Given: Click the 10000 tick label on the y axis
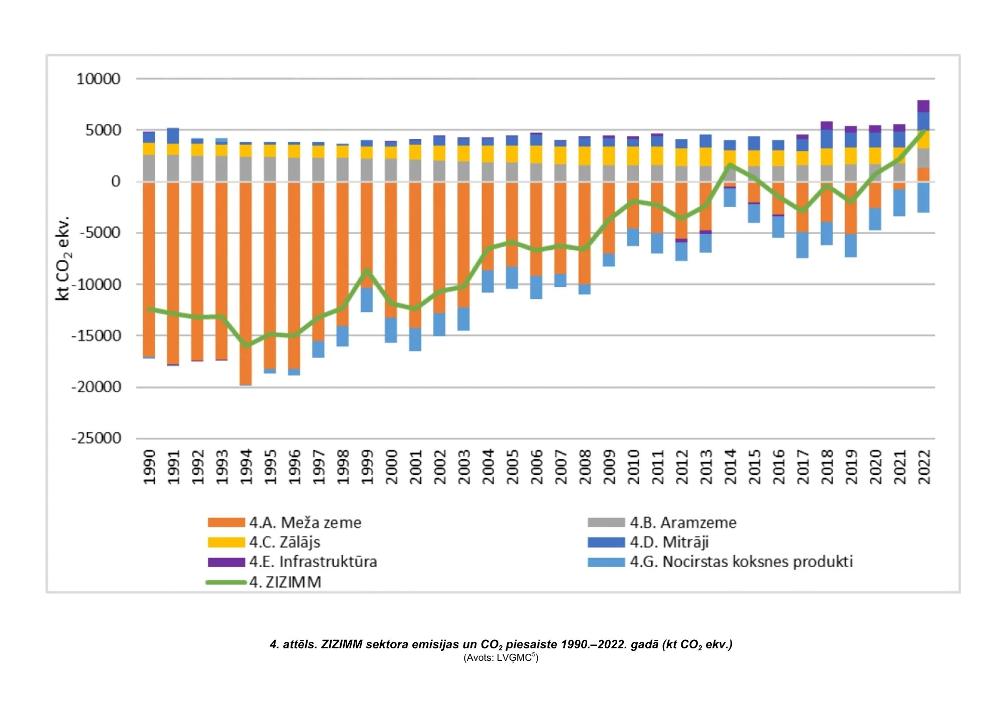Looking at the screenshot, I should [x=98, y=79].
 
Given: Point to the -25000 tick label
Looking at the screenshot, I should [x=96, y=438].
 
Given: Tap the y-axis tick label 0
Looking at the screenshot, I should [x=116, y=182].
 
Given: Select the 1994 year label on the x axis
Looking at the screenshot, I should [x=246, y=467].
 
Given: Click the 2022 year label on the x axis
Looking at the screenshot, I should [x=924, y=467].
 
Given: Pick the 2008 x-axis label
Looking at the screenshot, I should [x=585, y=467].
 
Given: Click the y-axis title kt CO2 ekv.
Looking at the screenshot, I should [x=63, y=258].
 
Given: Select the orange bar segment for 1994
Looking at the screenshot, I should [x=245, y=281].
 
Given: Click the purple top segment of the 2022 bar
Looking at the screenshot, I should [x=923, y=106].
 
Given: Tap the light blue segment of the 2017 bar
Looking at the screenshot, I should [x=802, y=245].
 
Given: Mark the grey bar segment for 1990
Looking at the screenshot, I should [x=149, y=168].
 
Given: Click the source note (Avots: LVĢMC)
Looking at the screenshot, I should [x=500, y=658].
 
